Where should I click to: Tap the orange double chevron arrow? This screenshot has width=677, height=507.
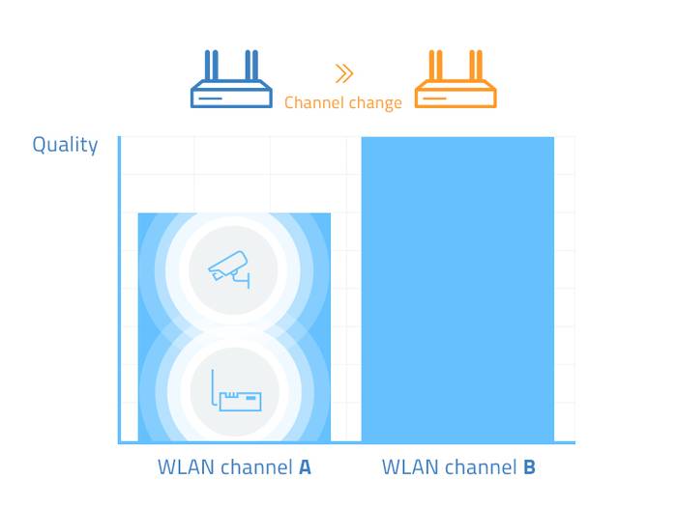pyautogui.click(x=343, y=73)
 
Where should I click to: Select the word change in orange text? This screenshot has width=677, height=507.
pyautogui.click(x=375, y=103)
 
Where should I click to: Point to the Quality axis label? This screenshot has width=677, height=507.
pyautogui.click(x=65, y=145)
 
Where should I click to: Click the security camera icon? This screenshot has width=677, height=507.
pyautogui.click(x=231, y=268)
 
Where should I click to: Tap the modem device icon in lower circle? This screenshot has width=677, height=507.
pyautogui.click(x=237, y=397)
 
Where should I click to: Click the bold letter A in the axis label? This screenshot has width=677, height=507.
pyautogui.click(x=305, y=468)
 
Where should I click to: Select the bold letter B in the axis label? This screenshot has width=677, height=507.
pyautogui.click(x=529, y=468)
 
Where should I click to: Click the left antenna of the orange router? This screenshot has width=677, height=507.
pyautogui.click(x=436, y=68)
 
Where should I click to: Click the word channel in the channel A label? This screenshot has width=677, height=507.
pyautogui.click(x=257, y=468)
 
